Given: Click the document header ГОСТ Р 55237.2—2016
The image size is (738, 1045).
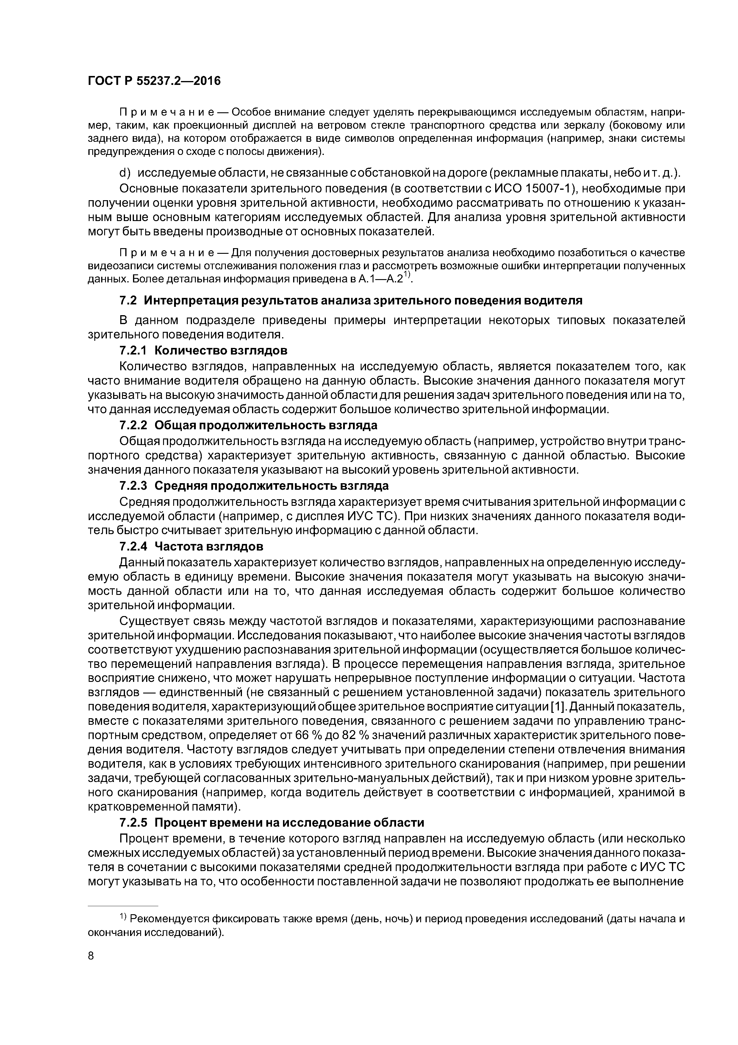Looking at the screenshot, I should [154, 81].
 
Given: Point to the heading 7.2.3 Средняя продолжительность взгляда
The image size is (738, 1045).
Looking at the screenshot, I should [254, 486].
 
